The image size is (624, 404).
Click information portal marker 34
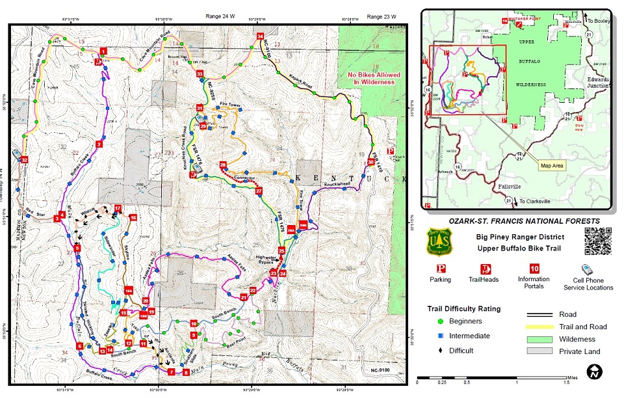pos(260,36)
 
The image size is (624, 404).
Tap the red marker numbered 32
pos(24,160)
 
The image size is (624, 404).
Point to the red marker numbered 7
pos(171,372)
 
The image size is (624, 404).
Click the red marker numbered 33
pos(200,74)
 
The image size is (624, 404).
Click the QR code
pos(598,241)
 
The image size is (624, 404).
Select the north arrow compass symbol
pos(593,372)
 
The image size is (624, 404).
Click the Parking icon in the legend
pos(440,269)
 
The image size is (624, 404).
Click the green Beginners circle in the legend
pos(442,321)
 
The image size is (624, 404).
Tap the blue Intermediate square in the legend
pos(442,336)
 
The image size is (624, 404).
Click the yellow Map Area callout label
pos(552,166)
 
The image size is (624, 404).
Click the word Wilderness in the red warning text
pos(380,82)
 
